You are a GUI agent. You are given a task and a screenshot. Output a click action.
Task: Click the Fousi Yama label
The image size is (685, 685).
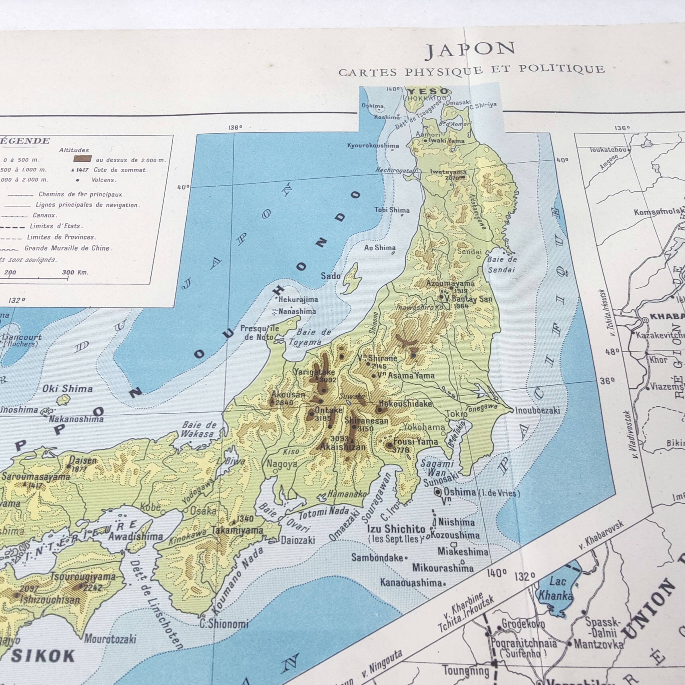[x=415, y=442]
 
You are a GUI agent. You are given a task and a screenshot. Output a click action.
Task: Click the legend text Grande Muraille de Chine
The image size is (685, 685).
[x=68, y=248]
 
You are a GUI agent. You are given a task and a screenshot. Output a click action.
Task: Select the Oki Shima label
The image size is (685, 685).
[x=67, y=389]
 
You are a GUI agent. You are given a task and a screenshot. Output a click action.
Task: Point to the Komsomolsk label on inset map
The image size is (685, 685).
[x=659, y=212]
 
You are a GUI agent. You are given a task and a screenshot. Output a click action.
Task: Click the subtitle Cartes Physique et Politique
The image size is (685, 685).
[x=472, y=70]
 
